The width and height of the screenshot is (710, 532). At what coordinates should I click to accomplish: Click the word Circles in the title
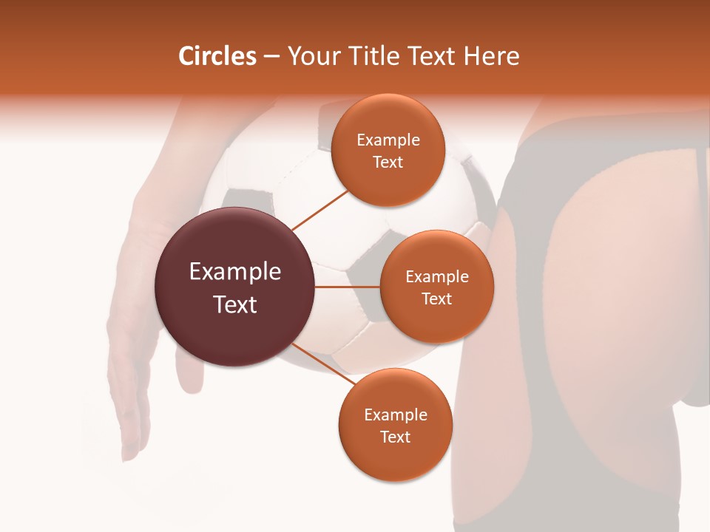click(217, 56)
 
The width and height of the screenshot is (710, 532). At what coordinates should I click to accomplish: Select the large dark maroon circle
click(234, 287)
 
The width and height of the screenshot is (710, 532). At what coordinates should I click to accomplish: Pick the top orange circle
click(388, 151)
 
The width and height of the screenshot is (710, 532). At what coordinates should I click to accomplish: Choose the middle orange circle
click(436, 287)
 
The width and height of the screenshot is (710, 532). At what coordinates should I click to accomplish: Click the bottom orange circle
click(395, 426)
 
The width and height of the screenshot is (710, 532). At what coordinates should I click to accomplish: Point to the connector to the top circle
click(321, 210)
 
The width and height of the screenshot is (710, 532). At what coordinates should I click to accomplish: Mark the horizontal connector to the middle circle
click(347, 287)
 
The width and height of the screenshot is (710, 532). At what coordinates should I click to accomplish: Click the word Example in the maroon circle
click(235, 272)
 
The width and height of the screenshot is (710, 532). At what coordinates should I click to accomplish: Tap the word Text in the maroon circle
click(235, 304)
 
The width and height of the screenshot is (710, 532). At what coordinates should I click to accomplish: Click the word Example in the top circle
click(388, 140)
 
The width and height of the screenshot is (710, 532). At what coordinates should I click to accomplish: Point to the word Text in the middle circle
click(436, 299)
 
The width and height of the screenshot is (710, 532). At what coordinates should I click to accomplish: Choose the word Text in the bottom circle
click(395, 437)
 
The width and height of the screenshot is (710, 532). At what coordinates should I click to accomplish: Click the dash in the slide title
click(271, 56)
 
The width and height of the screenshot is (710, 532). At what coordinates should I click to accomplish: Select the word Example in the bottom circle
click(395, 415)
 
